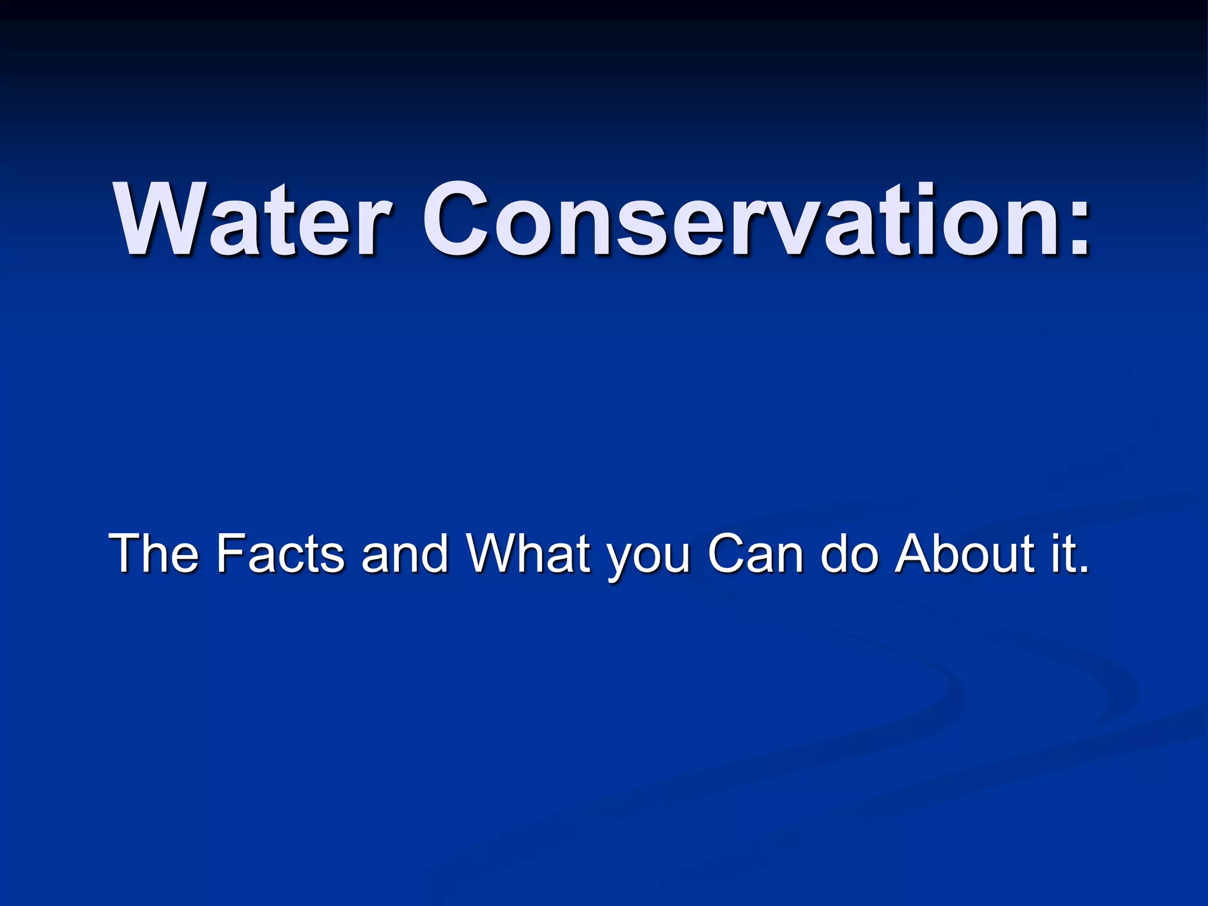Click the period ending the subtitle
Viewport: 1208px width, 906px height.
point(1082,569)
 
